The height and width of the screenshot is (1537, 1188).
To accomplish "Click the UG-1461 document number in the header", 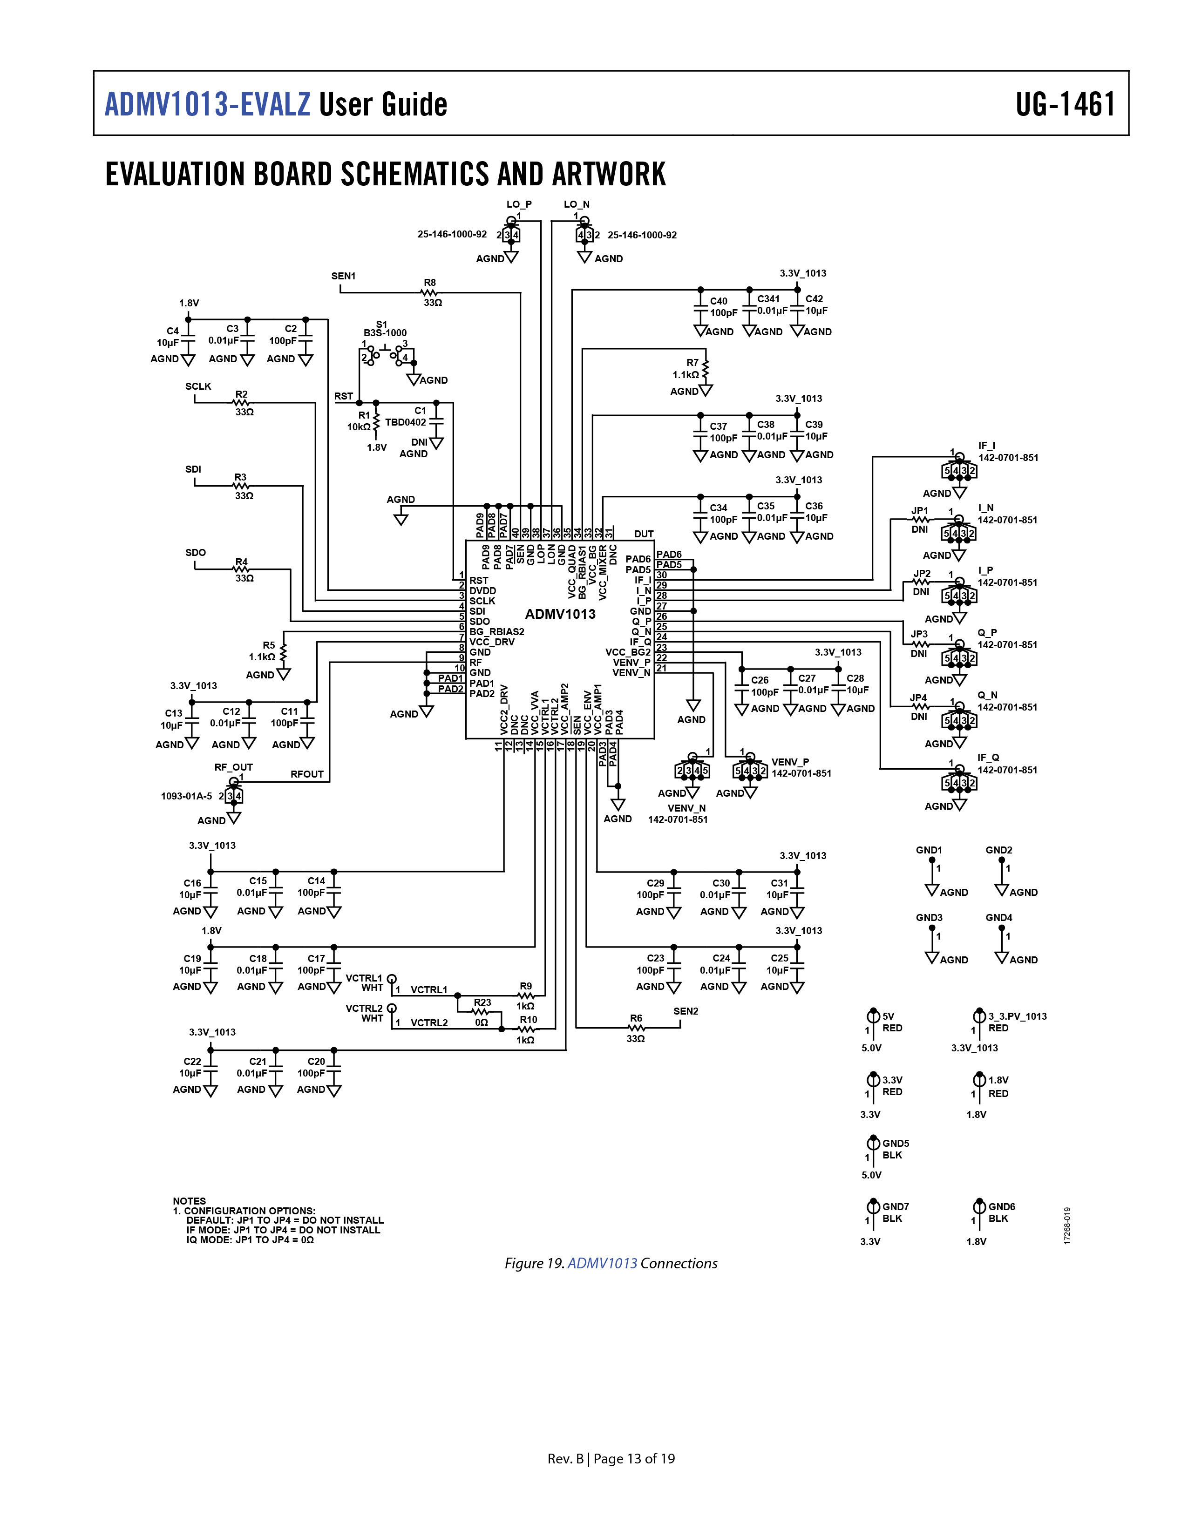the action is tap(1065, 104).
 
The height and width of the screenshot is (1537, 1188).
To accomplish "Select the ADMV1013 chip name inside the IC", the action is tap(560, 614).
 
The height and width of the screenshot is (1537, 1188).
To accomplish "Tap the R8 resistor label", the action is tap(429, 283).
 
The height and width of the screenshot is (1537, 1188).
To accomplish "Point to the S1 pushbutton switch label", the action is tap(381, 325).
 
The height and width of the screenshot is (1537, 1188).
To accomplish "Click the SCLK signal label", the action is tap(198, 386).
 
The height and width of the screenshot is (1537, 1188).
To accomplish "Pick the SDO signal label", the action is tap(196, 552).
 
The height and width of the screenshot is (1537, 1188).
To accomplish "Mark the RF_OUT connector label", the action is tap(234, 767).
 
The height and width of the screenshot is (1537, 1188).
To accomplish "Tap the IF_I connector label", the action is tap(987, 446).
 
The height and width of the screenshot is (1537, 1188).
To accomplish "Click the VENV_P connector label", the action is tap(790, 761).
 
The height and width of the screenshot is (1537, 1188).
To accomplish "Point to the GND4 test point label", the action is tap(998, 918).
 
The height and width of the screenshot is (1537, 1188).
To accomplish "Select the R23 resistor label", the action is tap(482, 1002).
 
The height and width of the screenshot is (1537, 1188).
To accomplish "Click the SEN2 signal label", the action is tap(686, 1011).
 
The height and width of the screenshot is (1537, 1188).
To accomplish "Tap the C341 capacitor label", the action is tap(768, 298).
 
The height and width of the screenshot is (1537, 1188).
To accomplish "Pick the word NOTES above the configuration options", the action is tap(190, 1201).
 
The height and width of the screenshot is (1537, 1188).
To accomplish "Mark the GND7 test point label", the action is tap(896, 1206).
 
